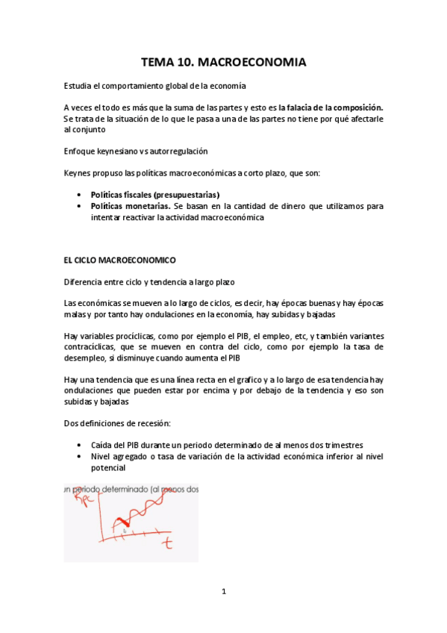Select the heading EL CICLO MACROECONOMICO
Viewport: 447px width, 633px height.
coord(119,261)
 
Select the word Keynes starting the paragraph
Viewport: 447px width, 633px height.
coord(78,174)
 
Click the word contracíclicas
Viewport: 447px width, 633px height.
coord(91,347)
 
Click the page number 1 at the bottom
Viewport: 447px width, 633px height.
coord(223,592)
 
